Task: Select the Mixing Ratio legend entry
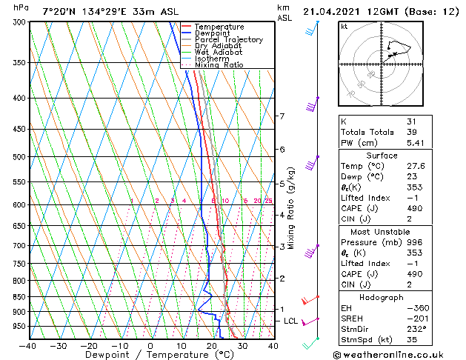(x=219, y=65)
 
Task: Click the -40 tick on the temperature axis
(x=27, y=345)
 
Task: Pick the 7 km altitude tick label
(x=282, y=116)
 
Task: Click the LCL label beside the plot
(x=291, y=321)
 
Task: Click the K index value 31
(x=412, y=121)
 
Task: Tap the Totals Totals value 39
(x=412, y=132)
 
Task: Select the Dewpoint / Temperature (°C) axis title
(x=150, y=355)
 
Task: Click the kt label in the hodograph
(x=344, y=26)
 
